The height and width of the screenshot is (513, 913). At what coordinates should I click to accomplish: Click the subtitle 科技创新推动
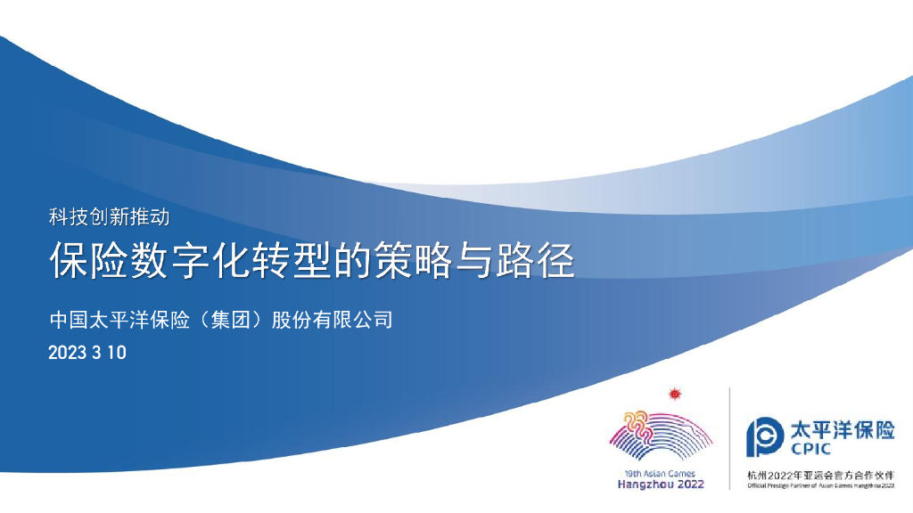[x=108, y=215]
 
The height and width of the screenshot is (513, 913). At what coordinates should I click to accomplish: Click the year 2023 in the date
[x=67, y=353]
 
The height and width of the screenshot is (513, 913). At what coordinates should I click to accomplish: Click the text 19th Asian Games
[x=661, y=473]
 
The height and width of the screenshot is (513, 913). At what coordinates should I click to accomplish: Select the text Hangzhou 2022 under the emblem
[x=661, y=484]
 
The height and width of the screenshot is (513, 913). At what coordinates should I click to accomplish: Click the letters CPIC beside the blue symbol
[x=811, y=450]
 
